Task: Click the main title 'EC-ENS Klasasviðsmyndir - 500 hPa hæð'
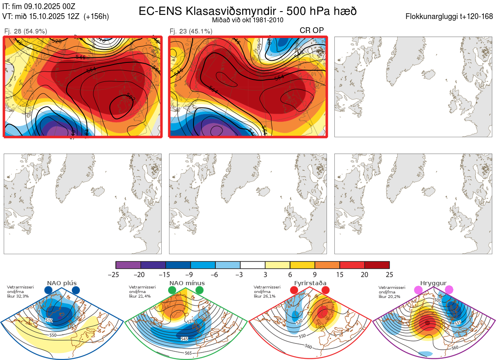click(248, 11)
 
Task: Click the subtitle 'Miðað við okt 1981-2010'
click(248, 20)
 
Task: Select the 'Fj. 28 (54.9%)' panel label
click(26, 31)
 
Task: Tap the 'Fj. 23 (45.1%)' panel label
click(191, 31)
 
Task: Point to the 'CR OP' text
click(312, 30)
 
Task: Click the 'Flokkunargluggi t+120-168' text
click(449, 17)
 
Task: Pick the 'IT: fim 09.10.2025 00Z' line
click(39, 7)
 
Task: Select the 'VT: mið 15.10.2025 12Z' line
click(55, 17)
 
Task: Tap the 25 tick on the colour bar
click(389, 274)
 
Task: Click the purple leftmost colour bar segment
click(128, 265)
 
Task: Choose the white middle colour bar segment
click(253, 265)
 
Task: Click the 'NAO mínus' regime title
click(187, 283)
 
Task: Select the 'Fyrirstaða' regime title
click(310, 283)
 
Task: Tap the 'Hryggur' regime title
click(433, 283)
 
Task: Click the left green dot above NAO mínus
click(172, 291)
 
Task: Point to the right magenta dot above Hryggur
click(449, 291)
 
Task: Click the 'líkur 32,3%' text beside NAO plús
click(18, 296)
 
